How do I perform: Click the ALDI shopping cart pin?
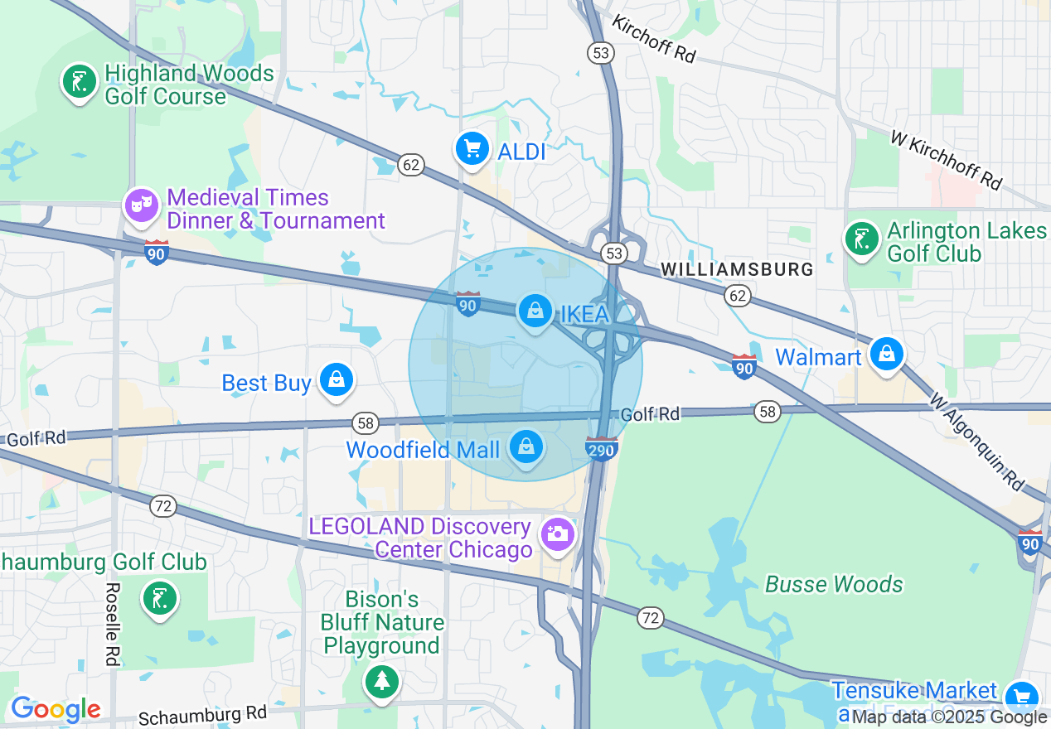472,150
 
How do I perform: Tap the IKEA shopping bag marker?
535,311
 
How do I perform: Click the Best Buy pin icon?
337,380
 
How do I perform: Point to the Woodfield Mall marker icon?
525,447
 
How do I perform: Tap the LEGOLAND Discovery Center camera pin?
558,533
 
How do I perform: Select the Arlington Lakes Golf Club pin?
862,239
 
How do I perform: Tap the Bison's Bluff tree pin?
382,681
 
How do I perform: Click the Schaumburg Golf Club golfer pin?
159,598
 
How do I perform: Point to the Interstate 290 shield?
601,448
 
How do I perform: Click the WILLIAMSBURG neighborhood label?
737,269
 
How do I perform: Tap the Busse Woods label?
834,584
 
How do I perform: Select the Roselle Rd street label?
111,624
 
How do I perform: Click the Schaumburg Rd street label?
202,714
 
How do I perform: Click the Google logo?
55,709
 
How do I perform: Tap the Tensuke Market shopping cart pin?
1020,696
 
